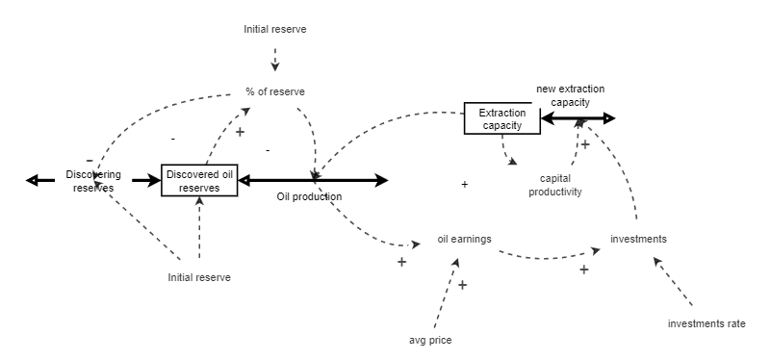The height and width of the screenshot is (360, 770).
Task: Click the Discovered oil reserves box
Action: (x=199, y=180)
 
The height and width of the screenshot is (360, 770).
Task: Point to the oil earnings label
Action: (x=464, y=240)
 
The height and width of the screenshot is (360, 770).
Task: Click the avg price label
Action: (x=430, y=340)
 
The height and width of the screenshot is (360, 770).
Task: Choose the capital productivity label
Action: (x=560, y=185)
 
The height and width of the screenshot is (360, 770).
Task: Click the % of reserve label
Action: (x=275, y=92)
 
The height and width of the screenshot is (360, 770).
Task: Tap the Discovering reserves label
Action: (x=93, y=180)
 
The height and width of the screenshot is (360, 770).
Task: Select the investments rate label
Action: (x=706, y=323)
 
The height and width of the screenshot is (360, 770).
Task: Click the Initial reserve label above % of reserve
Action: (x=275, y=30)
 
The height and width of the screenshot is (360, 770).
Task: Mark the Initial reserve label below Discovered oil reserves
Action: (x=199, y=277)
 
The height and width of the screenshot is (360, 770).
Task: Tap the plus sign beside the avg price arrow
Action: (x=462, y=285)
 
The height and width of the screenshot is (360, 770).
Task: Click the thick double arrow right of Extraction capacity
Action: (x=578, y=118)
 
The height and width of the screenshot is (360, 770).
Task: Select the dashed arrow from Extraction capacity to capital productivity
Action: (x=506, y=150)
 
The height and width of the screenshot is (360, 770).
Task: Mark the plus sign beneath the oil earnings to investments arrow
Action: (x=583, y=270)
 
